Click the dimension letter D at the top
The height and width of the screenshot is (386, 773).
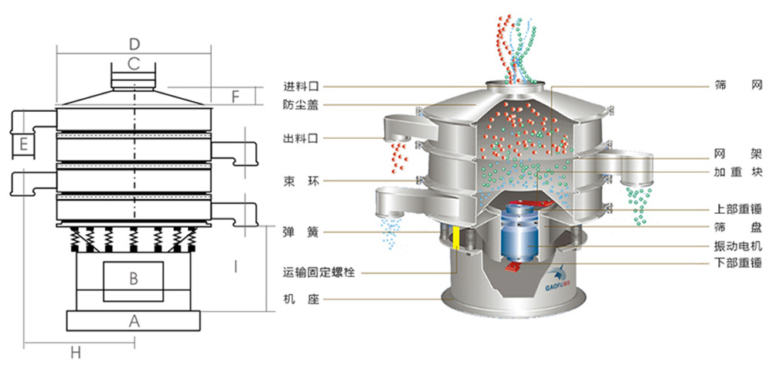pyautogui.click(x=134, y=43)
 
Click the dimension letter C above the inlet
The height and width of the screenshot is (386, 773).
pyautogui.click(x=134, y=63)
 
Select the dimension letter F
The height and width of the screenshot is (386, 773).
pyautogui.click(x=237, y=96)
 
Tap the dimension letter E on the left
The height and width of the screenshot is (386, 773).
pyautogui.click(x=25, y=144)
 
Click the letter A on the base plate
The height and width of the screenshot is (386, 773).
pyautogui.click(x=134, y=321)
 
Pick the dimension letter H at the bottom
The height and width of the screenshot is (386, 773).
pyautogui.click(x=75, y=353)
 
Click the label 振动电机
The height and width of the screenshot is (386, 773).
pyautogui.click(x=737, y=246)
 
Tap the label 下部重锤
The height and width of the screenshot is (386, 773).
pyautogui.click(x=737, y=263)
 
